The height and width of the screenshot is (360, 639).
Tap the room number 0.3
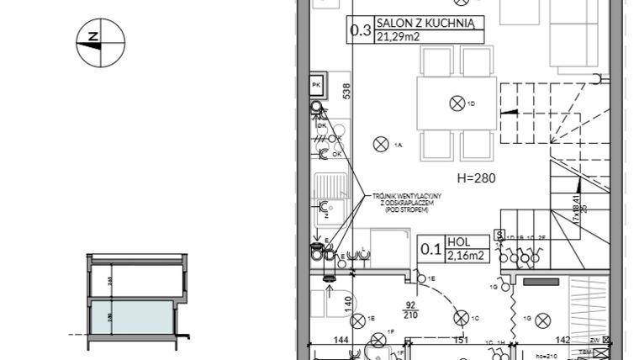[x=361, y=31]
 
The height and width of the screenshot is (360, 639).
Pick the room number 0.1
[x=431, y=247]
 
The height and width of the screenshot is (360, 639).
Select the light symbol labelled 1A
[x=380, y=145]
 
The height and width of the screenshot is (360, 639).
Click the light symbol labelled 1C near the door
[x=460, y=317]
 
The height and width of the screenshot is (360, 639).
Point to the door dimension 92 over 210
[x=412, y=310]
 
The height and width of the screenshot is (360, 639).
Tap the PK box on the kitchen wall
[x=317, y=86]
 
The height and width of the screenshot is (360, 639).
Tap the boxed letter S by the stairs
[x=499, y=236]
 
